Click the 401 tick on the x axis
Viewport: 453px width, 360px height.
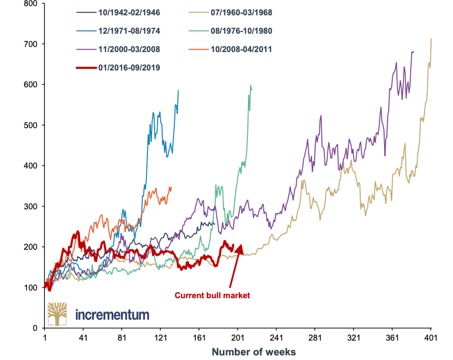(432, 338)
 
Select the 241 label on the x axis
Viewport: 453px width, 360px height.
(277, 338)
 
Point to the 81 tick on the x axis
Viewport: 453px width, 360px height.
(122, 338)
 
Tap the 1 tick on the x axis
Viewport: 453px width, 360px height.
(45, 338)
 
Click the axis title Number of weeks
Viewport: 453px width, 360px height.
(254, 352)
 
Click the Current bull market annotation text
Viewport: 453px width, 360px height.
(212, 295)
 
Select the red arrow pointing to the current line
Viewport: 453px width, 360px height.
(234, 268)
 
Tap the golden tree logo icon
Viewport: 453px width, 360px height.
(57, 314)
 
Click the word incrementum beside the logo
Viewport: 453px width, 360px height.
(112, 314)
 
